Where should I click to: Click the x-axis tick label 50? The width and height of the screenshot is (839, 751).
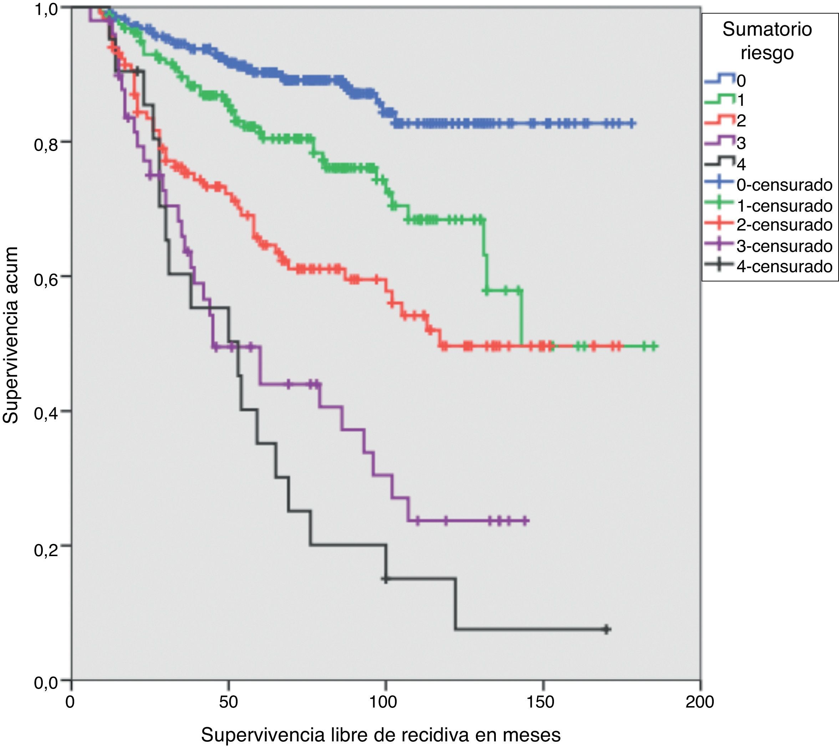[228, 701]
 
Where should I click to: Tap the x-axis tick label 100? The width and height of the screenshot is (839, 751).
[385, 701]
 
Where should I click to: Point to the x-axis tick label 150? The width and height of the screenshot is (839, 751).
[542, 701]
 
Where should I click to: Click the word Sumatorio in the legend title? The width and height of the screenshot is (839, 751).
[767, 30]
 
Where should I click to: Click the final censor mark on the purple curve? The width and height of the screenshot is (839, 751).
[525, 521]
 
